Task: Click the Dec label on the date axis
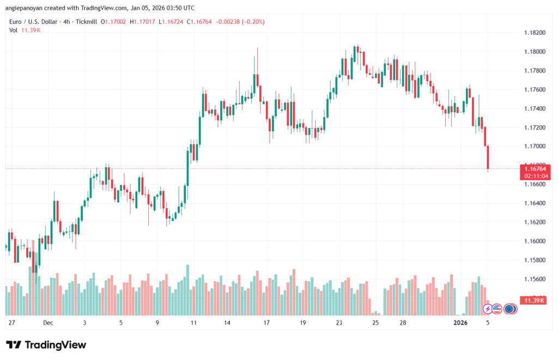(48, 322)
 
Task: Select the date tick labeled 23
(339, 322)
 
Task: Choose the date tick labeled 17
(266, 322)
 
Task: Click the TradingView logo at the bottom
(46, 345)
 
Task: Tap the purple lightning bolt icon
(488, 309)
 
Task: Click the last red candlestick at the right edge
(488, 157)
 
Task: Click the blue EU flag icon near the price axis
(510, 309)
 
